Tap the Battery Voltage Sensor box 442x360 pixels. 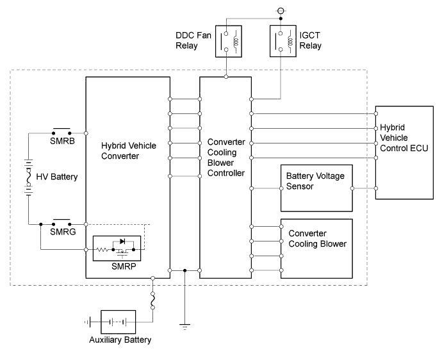[316, 188]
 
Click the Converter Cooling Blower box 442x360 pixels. [316, 249]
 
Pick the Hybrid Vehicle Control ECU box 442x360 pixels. [404, 152]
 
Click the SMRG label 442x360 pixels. [62, 233]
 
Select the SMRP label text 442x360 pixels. [123, 265]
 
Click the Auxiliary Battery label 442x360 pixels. [120, 340]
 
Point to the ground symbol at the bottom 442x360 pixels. [185, 327]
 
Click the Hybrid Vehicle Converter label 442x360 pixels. [129, 151]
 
